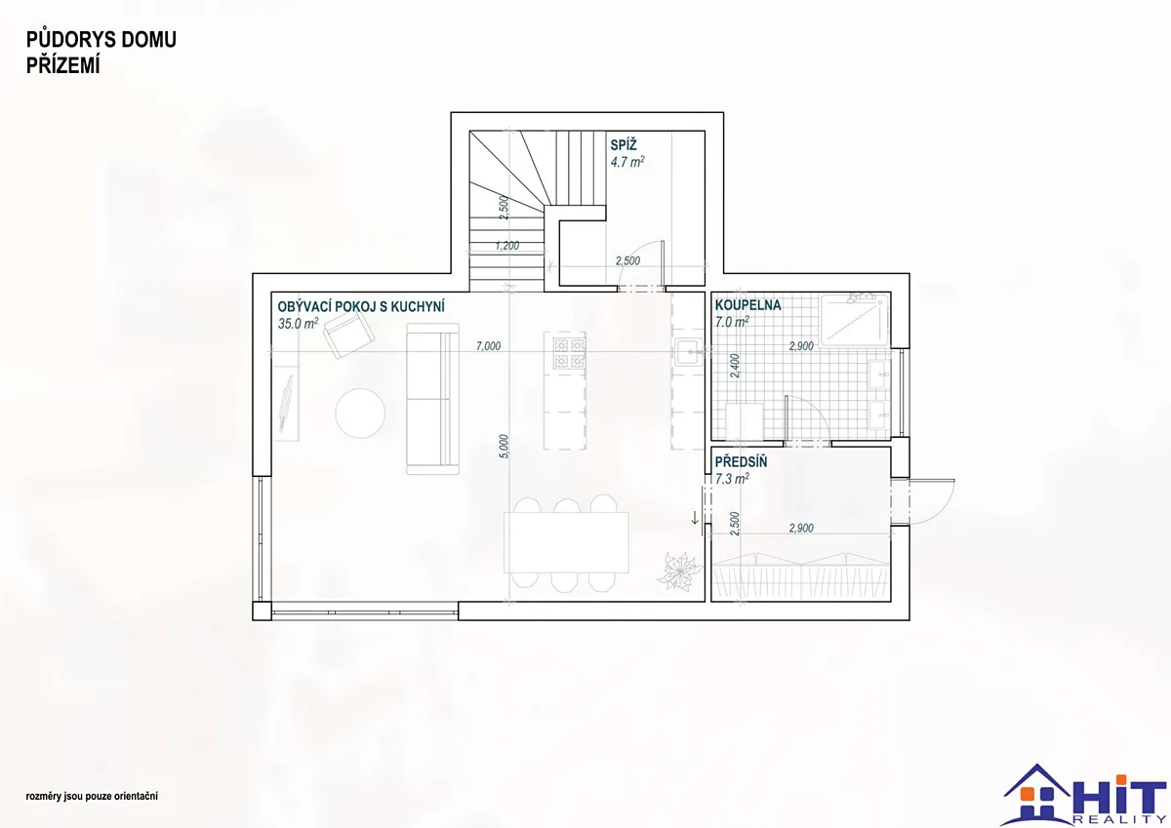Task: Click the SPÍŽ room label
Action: click(x=624, y=144)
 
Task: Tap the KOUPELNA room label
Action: click(x=747, y=305)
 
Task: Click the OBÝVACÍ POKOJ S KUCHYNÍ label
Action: click(x=361, y=306)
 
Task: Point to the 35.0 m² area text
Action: click(x=298, y=324)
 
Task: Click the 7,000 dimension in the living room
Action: click(x=488, y=346)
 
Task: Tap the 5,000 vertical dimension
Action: click(x=504, y=447)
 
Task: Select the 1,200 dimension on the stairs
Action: click(x=507, y=246)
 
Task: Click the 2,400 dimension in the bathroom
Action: click(x=735, y=366)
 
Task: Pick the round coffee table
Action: click(x=360, y=414)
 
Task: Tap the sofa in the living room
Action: click(x=433, y=399)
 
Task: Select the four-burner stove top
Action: click(x=569, y=353)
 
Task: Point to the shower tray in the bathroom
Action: click(x=854, y=320)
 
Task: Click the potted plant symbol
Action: click(x=678, y=572)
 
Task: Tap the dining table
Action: click(x=566, y=542)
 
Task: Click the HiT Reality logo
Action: click(x=1084, y=795)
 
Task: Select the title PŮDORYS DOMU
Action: click(x=101, y=40)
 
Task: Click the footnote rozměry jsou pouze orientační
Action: click(x=92, y=796)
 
